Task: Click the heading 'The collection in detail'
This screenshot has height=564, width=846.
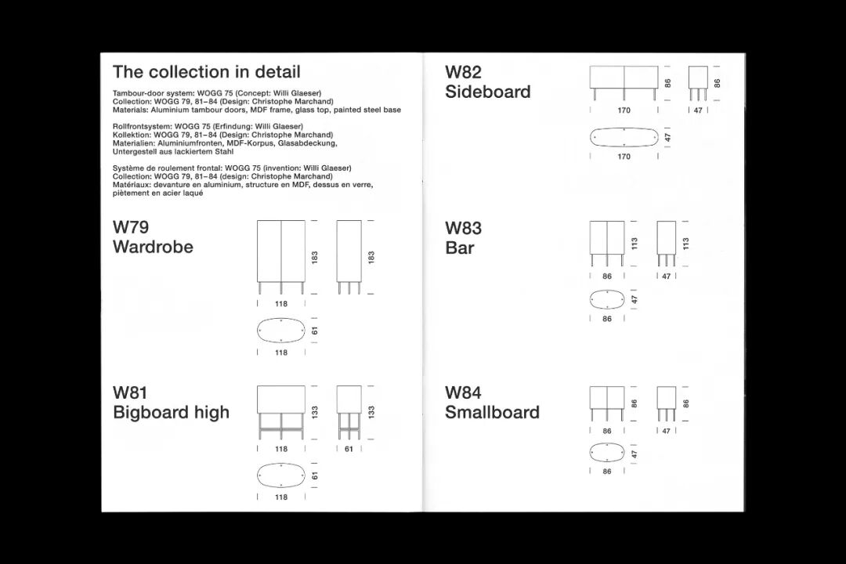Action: (x=206, y=72)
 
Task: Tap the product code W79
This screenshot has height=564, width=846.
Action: (x=131, y=227)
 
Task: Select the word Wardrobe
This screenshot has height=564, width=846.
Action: (x=153, y=247)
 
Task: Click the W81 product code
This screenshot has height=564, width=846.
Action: (x=130, y=392)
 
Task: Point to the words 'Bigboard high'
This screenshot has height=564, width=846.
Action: (x=171, y=412)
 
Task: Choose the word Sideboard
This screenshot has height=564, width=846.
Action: (x=487, y=92)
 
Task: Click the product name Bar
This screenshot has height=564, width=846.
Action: (x=460, y=248)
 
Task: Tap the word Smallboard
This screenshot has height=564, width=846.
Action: (x=492, y=412)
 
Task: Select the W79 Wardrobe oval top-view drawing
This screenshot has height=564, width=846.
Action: (x=281, y=331)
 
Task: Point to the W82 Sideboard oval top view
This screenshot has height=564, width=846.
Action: (x=624, y=137)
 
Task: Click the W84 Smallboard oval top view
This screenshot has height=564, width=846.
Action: (x=607, y=453)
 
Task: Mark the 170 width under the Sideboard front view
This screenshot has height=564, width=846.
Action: (x=624, y=110)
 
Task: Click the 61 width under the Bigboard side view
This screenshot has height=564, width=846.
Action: (x=349, y=450)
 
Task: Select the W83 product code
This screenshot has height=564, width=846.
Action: (x=463, y=228)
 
